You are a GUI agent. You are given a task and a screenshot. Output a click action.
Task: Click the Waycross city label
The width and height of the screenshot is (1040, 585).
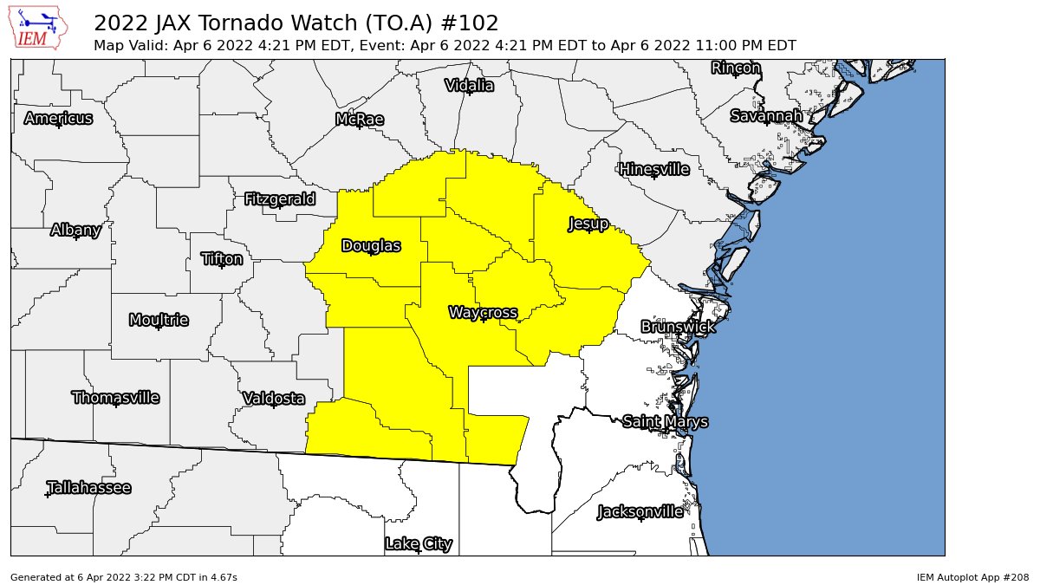pos(483,312)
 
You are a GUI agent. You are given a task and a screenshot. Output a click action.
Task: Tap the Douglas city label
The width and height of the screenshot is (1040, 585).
pos(371,246)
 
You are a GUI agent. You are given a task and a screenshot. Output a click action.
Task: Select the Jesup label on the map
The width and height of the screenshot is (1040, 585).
pos(588,224)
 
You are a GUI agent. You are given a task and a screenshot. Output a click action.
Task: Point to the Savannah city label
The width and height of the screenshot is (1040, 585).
pos(766,116)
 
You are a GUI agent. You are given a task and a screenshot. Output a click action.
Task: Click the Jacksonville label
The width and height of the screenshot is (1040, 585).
pos(640,511)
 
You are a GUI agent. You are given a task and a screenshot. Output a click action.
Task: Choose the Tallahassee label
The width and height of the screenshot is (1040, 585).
pos(88,488)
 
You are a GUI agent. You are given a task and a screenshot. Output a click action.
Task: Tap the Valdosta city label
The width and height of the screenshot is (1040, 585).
pos(274,399)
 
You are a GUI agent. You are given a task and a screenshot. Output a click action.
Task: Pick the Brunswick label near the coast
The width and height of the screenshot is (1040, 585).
pos(678,327)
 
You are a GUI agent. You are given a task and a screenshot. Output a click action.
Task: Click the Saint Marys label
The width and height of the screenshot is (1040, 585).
pos(665,422)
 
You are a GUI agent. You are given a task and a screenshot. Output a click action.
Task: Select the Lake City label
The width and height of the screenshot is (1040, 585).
pos(419,544)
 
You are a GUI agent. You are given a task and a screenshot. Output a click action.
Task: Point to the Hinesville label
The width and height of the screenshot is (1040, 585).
pos(653,169)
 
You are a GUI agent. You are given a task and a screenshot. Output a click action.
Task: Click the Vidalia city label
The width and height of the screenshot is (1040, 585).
pos(469,85)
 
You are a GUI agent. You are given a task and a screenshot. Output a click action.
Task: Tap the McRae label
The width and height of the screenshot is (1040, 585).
pos(359,120)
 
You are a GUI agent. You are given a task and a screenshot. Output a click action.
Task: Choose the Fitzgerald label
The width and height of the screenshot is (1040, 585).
pos(279,199)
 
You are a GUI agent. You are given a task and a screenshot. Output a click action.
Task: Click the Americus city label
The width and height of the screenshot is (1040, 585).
pos(58,119)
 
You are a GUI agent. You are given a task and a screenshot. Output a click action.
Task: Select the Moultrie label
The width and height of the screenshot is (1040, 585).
pos(159,321)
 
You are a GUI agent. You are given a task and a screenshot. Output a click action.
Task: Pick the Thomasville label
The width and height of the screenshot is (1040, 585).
pos(115,398)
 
